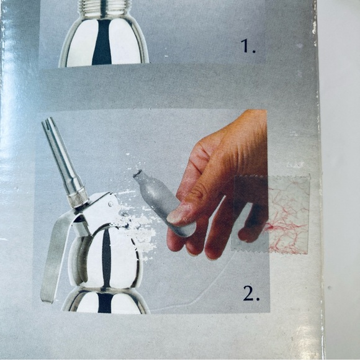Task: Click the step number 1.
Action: click(248, 46)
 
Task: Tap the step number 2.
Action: click(251, 294)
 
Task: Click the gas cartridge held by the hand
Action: click(164, 202)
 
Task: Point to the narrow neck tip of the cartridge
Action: click(138, 173)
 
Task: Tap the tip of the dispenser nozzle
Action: click(48, 122)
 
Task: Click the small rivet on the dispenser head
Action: click(111, 204)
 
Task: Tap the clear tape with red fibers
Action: click(271, 214)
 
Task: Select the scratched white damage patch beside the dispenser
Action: click(138, 227)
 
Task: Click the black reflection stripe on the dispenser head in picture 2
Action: click(106, 257)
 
